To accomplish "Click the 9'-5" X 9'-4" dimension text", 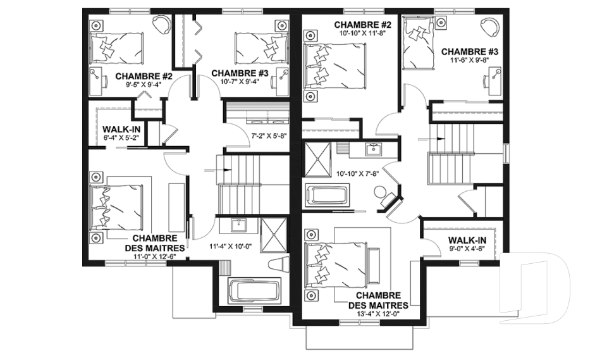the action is (144, 84).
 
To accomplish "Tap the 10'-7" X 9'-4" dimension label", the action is (239, 82).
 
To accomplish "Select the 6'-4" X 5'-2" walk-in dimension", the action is (121, 137).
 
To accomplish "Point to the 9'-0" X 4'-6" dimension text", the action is (467, 249).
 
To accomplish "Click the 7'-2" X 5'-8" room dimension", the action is (270, 136).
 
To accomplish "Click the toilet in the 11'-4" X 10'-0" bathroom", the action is (278, 264).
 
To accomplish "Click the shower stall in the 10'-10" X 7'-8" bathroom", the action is (318, 159).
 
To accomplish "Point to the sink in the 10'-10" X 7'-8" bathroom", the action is (373, 149).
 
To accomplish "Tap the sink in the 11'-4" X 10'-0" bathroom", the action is (238, 225).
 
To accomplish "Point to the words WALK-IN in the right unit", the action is (467, 240).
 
